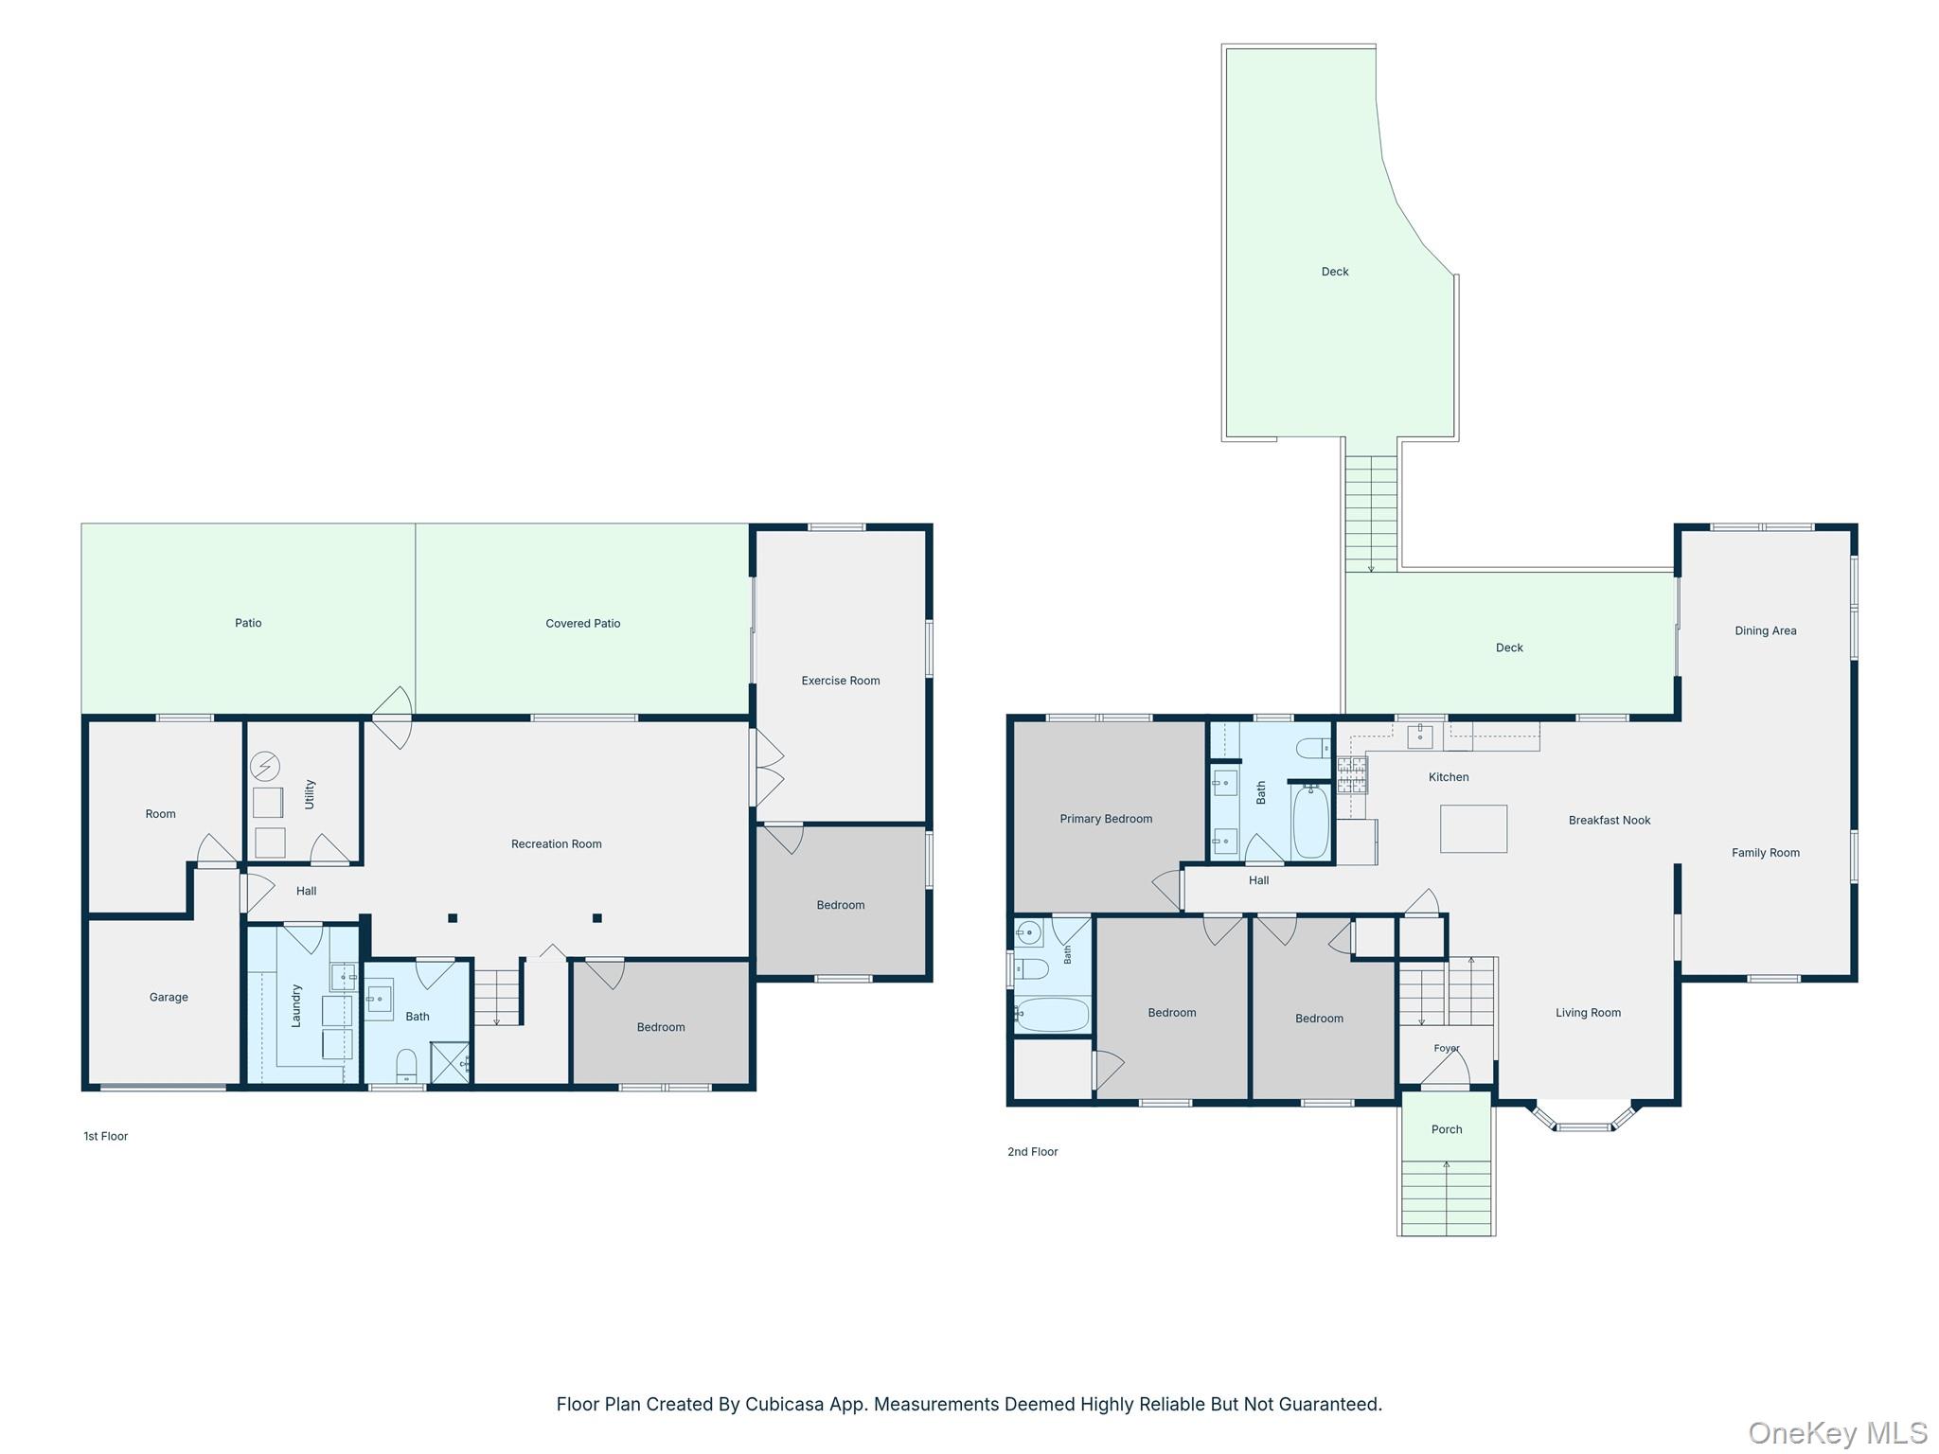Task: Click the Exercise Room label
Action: (x=841, y=681)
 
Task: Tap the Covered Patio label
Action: (x=583, y=623)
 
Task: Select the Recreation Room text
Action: (x=557, y=843)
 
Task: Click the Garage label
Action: (x=169, y=997)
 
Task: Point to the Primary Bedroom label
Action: (x=1106, y=819)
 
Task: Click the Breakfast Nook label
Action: (x=1610, y=820)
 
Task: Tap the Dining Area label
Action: (x=1766, y=630)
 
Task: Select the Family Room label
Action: (x=1766, y=852)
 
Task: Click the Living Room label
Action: (x=1588, y=1012)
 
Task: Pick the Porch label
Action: (x=1447, y=1129)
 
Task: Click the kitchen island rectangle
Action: (x=1473, y=828)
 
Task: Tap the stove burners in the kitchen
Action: (x=1351, y=774)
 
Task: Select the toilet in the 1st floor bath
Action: (x=406, y=1065)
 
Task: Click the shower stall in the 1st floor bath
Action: (x=451, y=1062)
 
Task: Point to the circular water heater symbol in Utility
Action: (x=265, y=766)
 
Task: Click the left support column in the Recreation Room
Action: (x=453, y=917)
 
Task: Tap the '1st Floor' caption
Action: (x=105, y=1136)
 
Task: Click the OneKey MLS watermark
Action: (x=1838, y=1432)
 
